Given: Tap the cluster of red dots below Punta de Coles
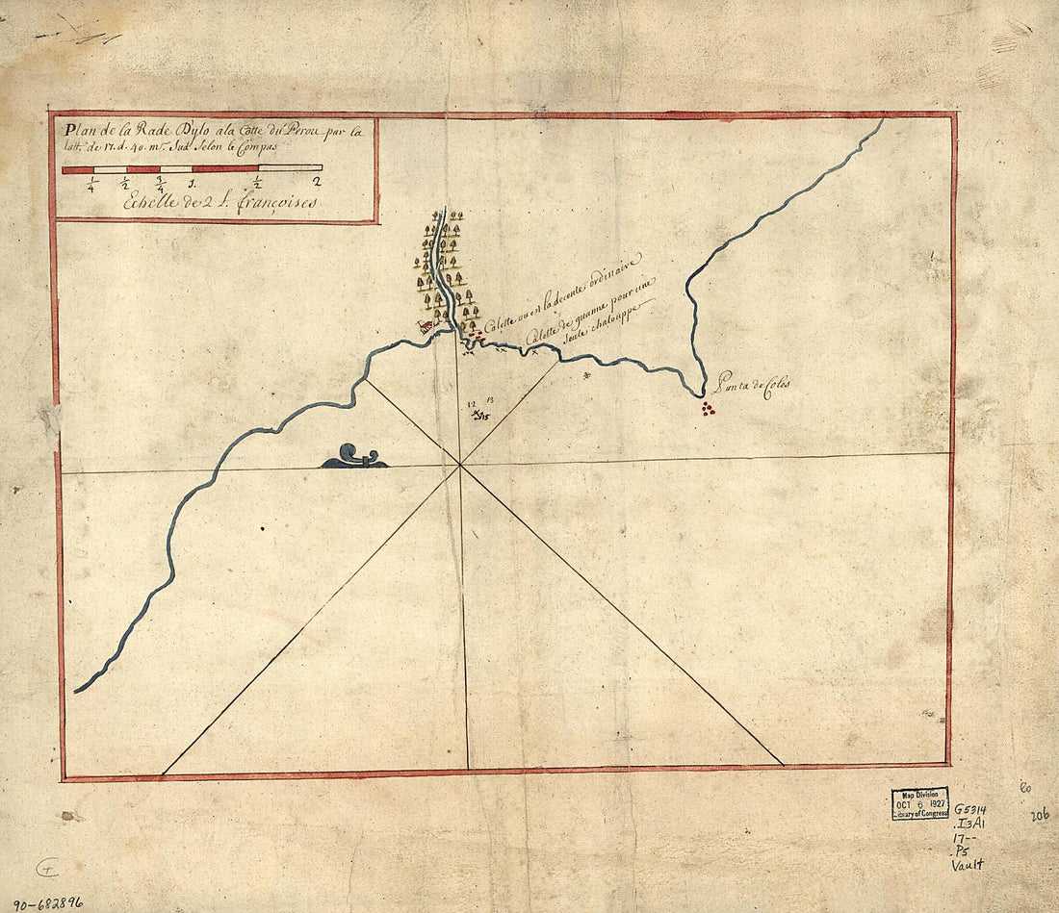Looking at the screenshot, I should [709, 409].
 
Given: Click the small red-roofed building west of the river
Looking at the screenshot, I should [424, 327].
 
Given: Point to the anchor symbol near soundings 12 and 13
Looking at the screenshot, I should [478, 415].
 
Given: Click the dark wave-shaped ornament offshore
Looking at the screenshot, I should [354, 457].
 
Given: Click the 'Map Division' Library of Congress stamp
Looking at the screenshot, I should [919, 803].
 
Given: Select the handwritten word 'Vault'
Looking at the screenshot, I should [968, 865].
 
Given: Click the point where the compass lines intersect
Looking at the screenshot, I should [460, 466].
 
